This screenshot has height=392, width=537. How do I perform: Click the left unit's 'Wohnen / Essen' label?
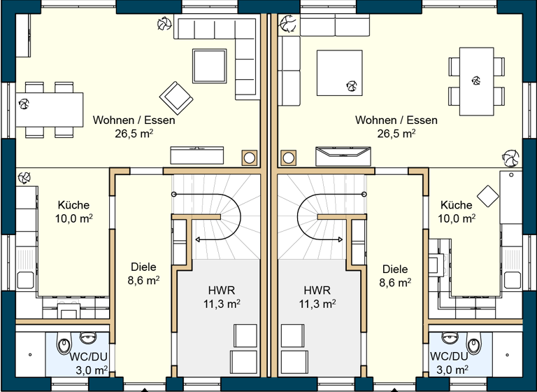(134, 120)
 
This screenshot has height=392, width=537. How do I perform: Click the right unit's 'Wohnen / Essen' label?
(396, 120)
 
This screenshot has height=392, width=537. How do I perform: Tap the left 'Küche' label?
(73, 205)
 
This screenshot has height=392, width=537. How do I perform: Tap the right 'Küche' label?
(457, 205)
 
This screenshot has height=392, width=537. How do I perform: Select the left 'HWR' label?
(221, 290)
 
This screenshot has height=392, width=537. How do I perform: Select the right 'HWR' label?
(317, 290)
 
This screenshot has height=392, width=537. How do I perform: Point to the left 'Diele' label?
(143, 267)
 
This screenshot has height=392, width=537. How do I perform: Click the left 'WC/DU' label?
(88, 356)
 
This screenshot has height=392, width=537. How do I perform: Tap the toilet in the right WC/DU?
(473, 345)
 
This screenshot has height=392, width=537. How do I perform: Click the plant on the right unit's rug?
(351, 86)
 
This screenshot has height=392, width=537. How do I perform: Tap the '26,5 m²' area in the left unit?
(134, 133)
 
